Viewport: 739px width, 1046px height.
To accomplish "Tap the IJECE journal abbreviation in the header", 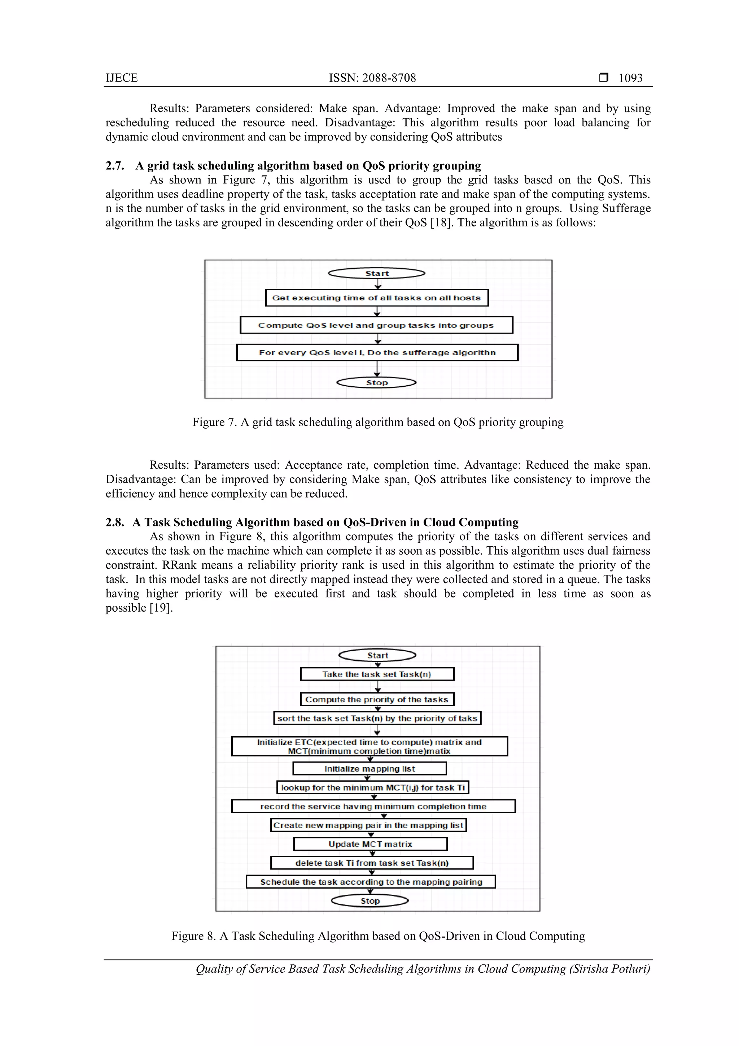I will pyautogui.click(x=122, y=78).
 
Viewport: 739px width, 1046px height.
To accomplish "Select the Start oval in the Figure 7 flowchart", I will pyautogui.click(x=377, y=273).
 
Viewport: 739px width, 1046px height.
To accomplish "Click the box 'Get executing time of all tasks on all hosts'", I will pyautogui.click(x=377, y=298).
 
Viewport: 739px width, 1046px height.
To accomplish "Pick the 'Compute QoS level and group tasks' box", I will pyautogui.click(x=376, y=325).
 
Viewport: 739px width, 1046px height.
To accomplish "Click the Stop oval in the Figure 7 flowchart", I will pyautogui.click(x=377, y=383).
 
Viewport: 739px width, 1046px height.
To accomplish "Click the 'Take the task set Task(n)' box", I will pyautogui.click(x=377, y=674).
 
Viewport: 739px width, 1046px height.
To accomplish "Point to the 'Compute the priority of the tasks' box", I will pyautogui.click(x=377, y=699).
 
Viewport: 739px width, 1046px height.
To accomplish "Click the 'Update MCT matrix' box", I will pyautogui.click(x=370, y=844).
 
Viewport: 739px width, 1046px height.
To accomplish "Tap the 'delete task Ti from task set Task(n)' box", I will pyautogui.click(x=372, y=863).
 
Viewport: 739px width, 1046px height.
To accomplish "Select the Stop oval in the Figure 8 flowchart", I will pyautogui.click(x=370, y=900).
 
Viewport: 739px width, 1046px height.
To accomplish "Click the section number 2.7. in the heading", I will pyautogui.click(x=115, y=166).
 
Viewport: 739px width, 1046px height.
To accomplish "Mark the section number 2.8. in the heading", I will pyautogui.click(x=115, y=522).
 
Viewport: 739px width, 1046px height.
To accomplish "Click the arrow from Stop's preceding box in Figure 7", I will pyautogui.click(x=377, y=369).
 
